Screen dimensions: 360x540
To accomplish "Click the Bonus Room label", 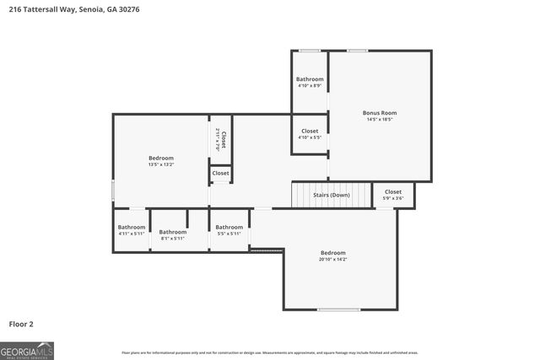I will [x=379, y=112].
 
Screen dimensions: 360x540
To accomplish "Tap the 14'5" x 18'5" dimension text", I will [x=379, y=120].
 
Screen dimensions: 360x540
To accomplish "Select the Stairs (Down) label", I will [x=332, y=195].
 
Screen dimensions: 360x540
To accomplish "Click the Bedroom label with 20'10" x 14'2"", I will [x=332, y=253].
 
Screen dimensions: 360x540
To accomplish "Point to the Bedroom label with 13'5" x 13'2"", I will [x=161, y=158].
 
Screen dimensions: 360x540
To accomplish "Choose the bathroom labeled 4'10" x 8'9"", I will [x=310, y=79].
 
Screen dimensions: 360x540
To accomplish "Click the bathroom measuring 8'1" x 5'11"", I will [x=173, y=232].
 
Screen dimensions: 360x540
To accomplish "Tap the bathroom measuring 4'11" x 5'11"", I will [x=132, y=227].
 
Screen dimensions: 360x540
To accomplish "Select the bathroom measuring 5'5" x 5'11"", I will [x=229, y=227].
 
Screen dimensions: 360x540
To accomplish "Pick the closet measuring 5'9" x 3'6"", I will [x=393, y=191].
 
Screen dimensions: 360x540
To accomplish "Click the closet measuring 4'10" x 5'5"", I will [x=310, y=132].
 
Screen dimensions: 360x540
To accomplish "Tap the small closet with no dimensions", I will [x=220, y=173].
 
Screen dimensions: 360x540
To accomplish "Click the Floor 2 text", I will [x=21, y=323].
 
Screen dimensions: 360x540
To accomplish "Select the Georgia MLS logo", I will [x=27, y=350].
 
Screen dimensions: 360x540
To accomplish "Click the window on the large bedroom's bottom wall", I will [x=338, y=309].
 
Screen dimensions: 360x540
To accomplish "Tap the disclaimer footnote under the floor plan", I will [x=269, y=352].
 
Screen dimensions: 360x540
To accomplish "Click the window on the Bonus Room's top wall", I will [x=357, y=51].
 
